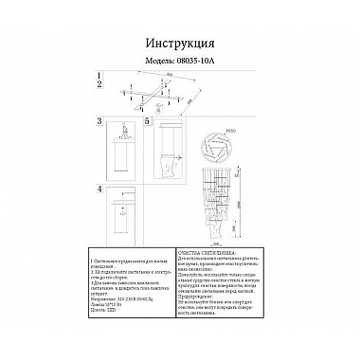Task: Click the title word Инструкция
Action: (x=180, y=43)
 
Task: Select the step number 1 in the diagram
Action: (x=99, y=75)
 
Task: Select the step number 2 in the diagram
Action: (x=99, y=85)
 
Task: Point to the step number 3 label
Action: (x=99, y=122)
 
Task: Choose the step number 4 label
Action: (x=99, y=189)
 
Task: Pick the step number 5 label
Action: (x=147, y=122)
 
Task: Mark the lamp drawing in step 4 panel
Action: (x=120, y=216)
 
